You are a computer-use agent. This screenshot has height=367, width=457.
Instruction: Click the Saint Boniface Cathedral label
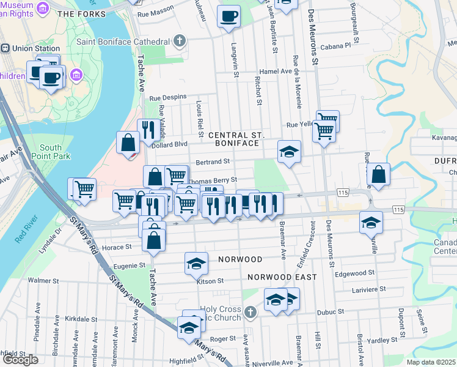(122, 42)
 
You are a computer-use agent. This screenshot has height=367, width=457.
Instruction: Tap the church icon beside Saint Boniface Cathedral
(178, 42)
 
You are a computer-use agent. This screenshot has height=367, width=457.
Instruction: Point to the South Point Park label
(50, 152)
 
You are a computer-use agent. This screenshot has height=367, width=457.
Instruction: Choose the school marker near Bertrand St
(289, 151)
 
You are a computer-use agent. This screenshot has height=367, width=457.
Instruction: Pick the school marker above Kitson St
(196, 263)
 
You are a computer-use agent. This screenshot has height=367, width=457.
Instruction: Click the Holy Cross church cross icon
(249, 313)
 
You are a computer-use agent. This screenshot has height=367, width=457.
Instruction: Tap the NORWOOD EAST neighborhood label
(282, 277)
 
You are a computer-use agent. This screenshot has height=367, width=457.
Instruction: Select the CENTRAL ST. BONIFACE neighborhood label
(236, 138)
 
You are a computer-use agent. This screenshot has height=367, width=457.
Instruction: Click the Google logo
(20, 360)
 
